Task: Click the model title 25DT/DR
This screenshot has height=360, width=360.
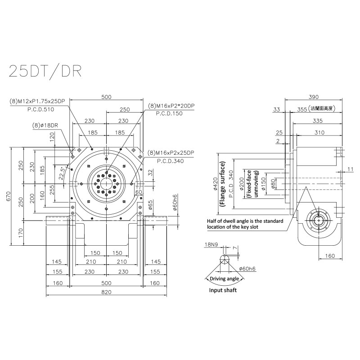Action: tap(45, 72)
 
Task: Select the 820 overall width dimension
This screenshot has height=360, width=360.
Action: tap(106, 292)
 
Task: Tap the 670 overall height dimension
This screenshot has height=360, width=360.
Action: tap(8, 196)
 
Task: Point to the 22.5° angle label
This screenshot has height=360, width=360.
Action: tap(61, 173)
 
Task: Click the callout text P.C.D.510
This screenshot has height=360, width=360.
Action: tap(40, 109)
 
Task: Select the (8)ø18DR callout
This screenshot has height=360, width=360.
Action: tap(45, 126)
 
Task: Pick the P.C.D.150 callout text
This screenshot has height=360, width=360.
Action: tap(169, 113)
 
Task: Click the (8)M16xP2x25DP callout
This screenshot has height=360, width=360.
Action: tap(171, 153)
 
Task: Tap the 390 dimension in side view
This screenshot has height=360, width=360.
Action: tap(313, 97)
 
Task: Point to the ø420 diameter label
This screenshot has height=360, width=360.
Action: tap(215, 184)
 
